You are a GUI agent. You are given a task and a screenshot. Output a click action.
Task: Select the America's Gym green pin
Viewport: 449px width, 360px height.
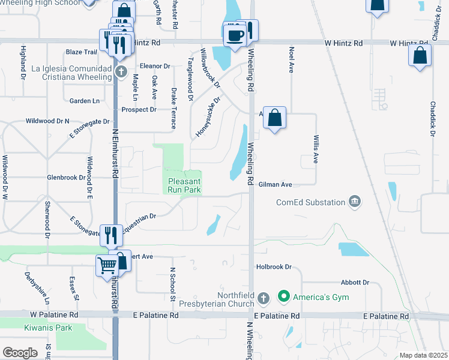click(283, 296)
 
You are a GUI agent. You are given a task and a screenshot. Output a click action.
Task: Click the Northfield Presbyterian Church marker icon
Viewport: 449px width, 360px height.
click(263, 298)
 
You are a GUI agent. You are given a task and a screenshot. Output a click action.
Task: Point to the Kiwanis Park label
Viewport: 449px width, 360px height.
click(48, 328)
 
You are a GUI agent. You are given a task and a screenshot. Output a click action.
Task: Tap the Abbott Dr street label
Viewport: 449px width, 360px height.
click(355, 282)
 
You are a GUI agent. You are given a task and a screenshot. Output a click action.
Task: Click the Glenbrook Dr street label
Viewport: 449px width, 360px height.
click(67, 178)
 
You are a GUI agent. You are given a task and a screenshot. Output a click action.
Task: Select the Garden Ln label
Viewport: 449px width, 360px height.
click(84, 101)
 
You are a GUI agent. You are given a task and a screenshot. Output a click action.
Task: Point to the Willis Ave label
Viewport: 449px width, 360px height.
click(315, 149)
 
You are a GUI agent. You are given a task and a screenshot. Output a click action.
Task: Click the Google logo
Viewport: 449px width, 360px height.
click(20, 352)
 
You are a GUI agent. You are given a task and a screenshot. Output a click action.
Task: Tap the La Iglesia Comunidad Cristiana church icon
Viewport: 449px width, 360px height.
click(121, 73)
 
